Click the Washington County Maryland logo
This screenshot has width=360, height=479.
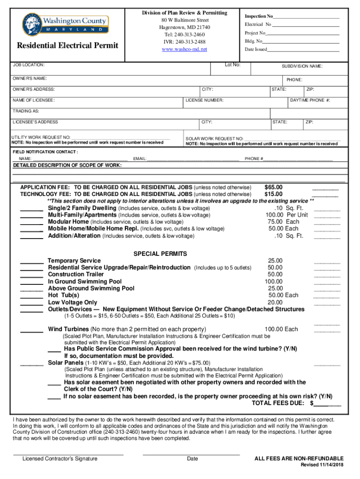click(x=65, y=22)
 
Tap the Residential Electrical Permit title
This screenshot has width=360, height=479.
click(x=68, y=45)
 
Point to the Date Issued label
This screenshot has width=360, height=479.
click(x=256, y=49)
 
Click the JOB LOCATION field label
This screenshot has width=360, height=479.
click(x=29, y=65)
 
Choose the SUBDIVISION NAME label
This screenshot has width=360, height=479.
click(x=302, y=66)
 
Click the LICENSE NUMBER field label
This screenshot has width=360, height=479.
click(x=204, y=101)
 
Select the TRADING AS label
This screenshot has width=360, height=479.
click(x=26, y=111)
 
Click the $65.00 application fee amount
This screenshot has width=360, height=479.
click(x=273, y=187)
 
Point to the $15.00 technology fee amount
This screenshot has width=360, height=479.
click(x=273, y=194)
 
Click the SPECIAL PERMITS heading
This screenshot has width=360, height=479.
click(x=160, y=254)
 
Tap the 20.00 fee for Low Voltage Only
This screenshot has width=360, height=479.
click(x=274, y=302)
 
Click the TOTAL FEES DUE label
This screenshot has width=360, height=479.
click(x=279, y=403)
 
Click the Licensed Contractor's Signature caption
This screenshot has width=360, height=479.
click(x=60, y=458)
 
